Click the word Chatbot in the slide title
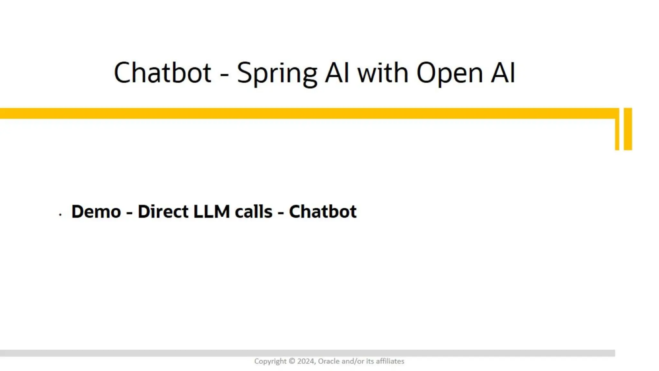162,73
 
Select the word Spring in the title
277,73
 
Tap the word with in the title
383,73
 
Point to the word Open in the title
450,73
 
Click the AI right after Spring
337,73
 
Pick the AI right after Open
503,73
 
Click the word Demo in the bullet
96,212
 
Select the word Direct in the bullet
163,212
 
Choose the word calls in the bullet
254,212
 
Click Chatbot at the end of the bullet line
323,212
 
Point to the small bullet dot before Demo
60,214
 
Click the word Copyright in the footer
270,361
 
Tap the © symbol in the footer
292,361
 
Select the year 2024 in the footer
306,361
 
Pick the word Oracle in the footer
329,361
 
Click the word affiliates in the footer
390,361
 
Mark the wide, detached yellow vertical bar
628,129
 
